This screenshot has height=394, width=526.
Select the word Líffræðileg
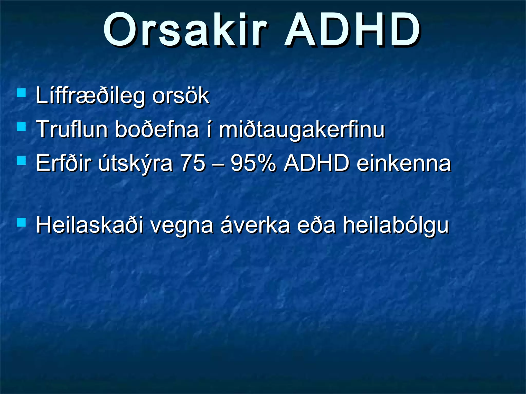(90, 96)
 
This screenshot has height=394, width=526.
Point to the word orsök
(181, 96)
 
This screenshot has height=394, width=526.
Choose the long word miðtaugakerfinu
(302, 130)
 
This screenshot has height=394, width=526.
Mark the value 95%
(253, 163)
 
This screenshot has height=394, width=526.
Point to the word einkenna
(404, 164)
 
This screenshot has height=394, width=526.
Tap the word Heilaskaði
(89, 225)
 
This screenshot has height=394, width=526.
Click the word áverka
(255, 225)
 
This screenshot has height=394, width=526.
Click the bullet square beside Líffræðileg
(21, 93)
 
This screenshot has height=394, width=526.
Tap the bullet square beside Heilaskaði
(21, 222)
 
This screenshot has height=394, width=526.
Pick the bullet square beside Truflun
(21, 126)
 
